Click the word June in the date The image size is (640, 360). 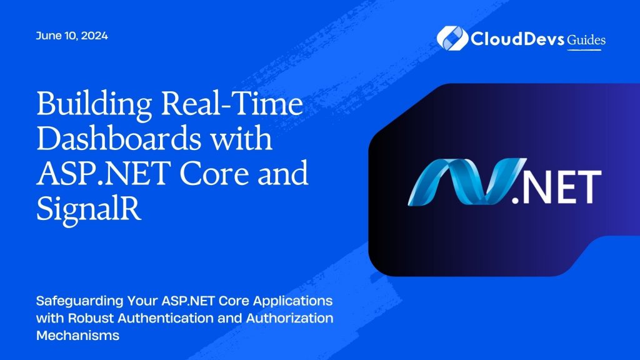click(48, 36)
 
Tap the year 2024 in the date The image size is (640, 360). click(94, 36)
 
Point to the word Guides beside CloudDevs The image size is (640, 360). click(586, 40)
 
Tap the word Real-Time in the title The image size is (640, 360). click(226, 106)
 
